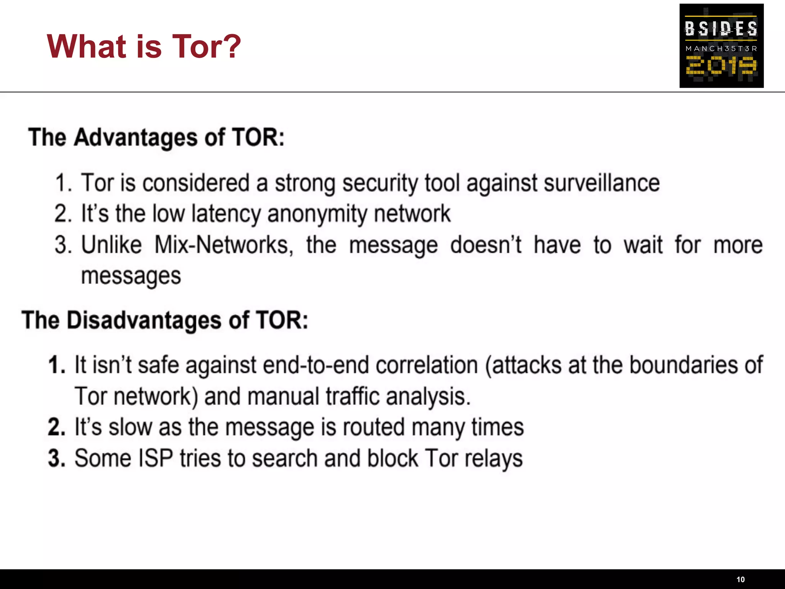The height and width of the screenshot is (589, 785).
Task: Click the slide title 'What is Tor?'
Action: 144,46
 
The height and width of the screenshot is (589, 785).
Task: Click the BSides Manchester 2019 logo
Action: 721,46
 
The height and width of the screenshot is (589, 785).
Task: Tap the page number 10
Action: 741,579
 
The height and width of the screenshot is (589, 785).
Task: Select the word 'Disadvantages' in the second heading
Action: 144,320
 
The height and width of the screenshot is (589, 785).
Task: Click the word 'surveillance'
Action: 601,183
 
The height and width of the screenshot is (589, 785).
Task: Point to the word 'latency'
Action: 226,214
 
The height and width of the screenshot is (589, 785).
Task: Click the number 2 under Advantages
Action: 62,214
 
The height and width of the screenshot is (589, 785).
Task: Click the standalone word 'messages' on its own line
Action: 131,276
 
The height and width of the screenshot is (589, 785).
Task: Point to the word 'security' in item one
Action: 380,184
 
